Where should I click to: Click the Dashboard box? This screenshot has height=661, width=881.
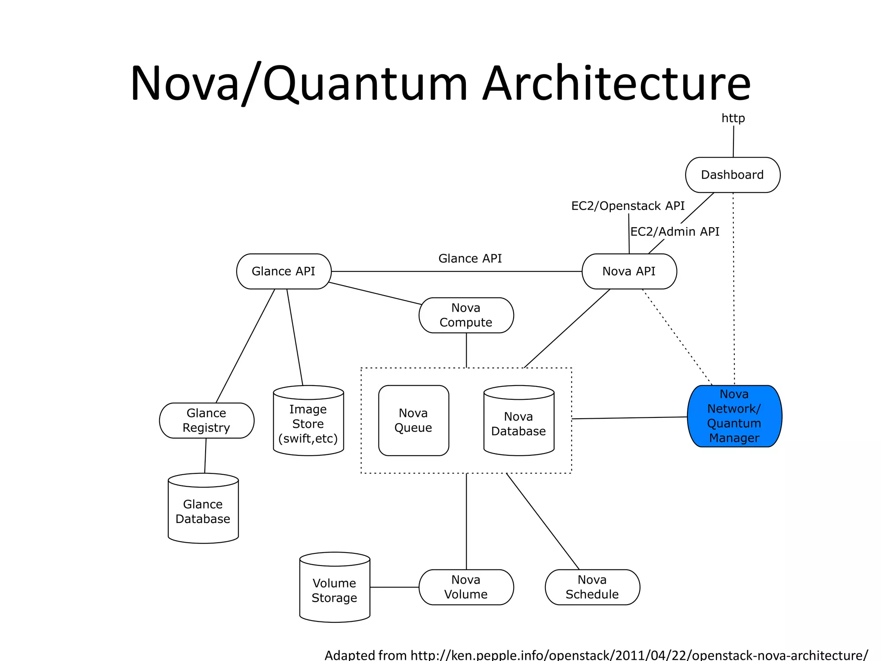(732, 175)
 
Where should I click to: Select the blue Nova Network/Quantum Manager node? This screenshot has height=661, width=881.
(734, 416)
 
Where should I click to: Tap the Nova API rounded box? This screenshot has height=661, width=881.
(629, 271)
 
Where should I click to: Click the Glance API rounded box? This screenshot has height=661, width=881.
(283, 271)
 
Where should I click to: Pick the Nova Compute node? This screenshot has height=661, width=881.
(466, 315)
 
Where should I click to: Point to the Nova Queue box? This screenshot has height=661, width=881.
(413, 420)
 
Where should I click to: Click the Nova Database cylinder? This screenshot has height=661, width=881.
(519, 423)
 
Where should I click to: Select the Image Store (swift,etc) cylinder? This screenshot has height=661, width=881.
(308, 423)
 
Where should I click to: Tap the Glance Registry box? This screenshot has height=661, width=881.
(206, 420)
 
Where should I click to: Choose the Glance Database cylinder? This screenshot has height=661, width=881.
(203, 511)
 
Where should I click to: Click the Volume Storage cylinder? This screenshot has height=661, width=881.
(334, 590)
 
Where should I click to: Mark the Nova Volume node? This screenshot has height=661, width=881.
(466, 587)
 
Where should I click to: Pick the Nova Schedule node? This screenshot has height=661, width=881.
(592, 587)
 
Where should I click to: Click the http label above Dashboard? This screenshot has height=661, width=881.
(733, 118)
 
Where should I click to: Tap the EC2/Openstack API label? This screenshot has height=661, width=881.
(628, 206)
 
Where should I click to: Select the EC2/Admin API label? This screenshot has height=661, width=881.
(675, 232)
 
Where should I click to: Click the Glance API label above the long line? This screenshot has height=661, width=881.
(470, 258)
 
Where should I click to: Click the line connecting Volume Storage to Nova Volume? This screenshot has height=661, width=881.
(394, 587)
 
